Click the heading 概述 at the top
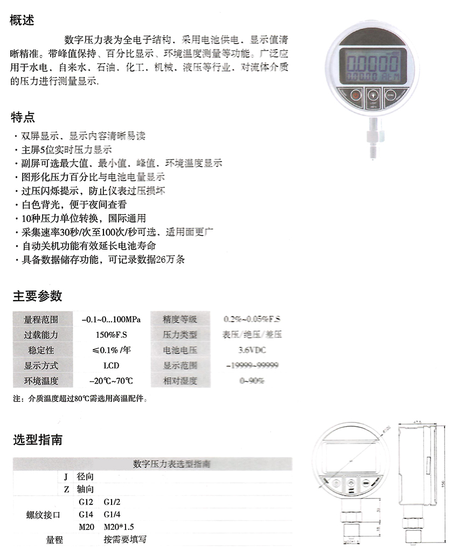pyautogui.click(x=23, y=20)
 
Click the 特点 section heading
pyautogui.click(x=23, y=116)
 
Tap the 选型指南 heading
pyautogui.click(x=37, y=439)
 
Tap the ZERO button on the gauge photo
pyautogui.click(x=390, y=96)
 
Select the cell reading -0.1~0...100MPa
pyautogui.click(x=111, y=319)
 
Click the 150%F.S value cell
pyautogui.click(x=111, y=335)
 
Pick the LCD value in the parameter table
pyautogui.click(x=111, y=365)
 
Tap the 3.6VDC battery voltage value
pyautogui.click(x=252, y=350)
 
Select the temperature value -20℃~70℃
pyautogui.click(x=111, y=381)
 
